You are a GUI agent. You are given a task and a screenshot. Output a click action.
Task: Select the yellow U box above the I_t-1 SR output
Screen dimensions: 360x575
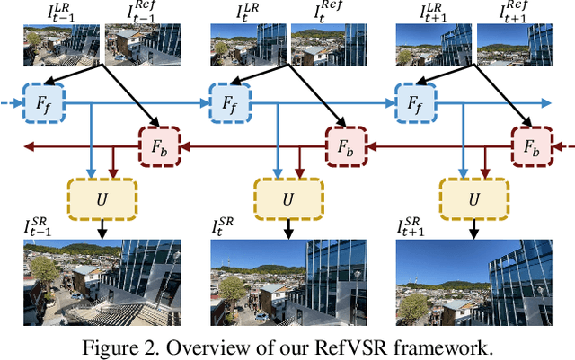click(x=102, y=194)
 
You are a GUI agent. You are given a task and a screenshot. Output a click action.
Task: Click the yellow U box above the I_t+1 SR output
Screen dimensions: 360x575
click(x=473, y=194)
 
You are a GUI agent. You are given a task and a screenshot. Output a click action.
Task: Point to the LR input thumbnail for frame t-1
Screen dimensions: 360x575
click(x=62, y=44)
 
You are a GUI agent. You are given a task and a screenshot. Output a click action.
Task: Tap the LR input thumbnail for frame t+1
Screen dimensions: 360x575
click(x=434, y=44)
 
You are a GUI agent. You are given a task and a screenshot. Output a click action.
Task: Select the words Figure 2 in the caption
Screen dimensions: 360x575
click(x=133, y=347)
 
